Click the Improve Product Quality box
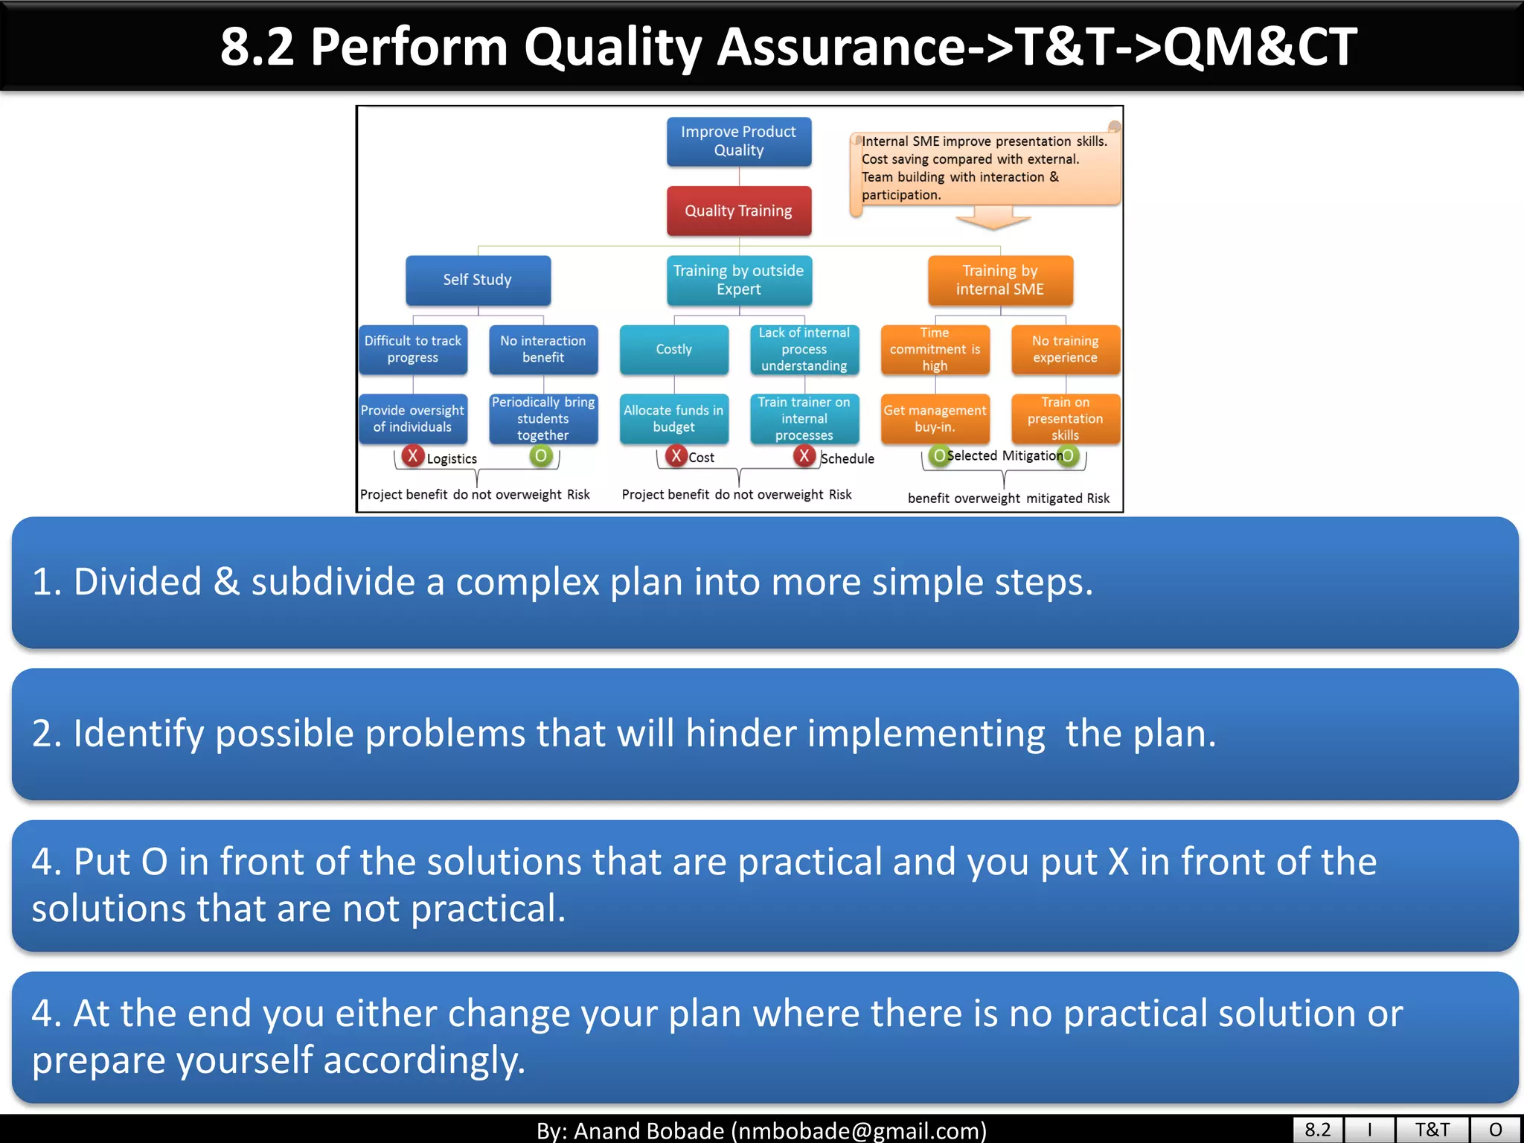[738, 141]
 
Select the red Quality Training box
[738, 211]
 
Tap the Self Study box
[478, 280]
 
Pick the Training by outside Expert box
[738, 280]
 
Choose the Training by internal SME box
[999, 280]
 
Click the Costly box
[673, 349]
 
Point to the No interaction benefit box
[542, 349]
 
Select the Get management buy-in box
[935, 418]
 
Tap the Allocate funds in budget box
[673, 418]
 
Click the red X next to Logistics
[412, 455]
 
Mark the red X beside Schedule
[804, 455]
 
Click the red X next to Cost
[675, 455]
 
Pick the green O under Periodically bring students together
[541, 455]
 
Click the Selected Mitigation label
[1004, 455]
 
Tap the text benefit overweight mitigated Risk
[1008, 499]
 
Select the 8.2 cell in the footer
[1317, 1130]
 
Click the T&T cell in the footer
[1432, 1130]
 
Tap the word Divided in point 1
[138, 582]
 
